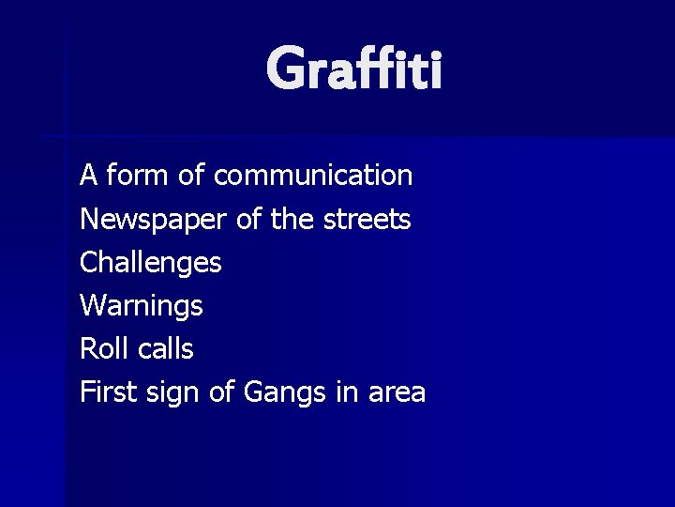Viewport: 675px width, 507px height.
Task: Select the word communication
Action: point(313,176)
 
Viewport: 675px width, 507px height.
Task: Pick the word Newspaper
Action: point(153,220)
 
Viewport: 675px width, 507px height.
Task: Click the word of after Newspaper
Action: point(247,220)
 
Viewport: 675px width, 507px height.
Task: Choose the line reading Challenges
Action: point(151,263)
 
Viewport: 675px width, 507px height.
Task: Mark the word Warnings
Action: point(141,306)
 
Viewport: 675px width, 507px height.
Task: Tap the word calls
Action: point(165,349)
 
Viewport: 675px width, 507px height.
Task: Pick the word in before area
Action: point(346,392)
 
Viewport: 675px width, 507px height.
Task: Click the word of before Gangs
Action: point(221,392)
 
